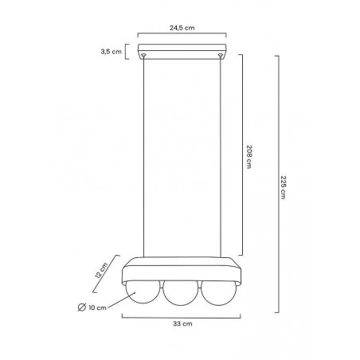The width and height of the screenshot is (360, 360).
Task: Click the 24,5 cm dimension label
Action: tap(182, 28)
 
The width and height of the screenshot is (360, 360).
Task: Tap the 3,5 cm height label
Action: tap(111, 52)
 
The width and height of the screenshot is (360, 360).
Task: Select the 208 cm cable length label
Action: tap(249, 157)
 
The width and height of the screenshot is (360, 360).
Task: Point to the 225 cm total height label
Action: tap(284, 187)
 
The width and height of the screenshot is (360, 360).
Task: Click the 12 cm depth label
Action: tap(101, 270)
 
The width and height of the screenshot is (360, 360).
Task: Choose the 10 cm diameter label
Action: tap(97, 307)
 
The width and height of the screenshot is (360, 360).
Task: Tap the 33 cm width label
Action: tap(182, 324)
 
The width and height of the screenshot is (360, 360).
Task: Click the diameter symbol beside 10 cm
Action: tap(82, 307)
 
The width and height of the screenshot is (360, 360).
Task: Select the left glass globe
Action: tap(143, 292)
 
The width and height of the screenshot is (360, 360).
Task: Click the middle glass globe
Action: tap(181, 293)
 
